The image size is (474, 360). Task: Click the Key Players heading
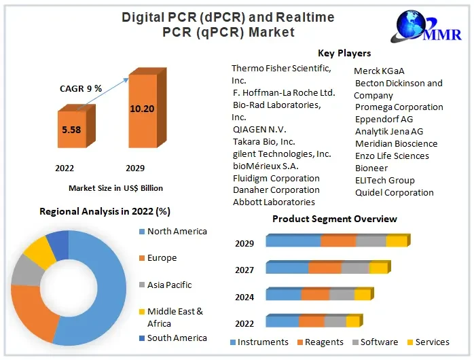pyautogui.click(x=344, y=53)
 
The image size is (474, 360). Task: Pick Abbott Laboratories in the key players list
pyautogui.click(x=273, y=202)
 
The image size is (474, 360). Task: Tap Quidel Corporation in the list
pyautogui.click(x=394, y=192)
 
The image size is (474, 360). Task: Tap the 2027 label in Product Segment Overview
pyautogui.click(x=244, y=270)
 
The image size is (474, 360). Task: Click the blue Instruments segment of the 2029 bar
pyautogui.click(x=293, y=241)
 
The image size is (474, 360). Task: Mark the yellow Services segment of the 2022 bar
pyautogui.click(x=352, y=322)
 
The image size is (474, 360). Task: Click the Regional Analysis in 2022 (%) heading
pyautogui.click(x=104, y=211)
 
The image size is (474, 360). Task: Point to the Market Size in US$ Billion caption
pyautogui.click(x=115, y=188)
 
